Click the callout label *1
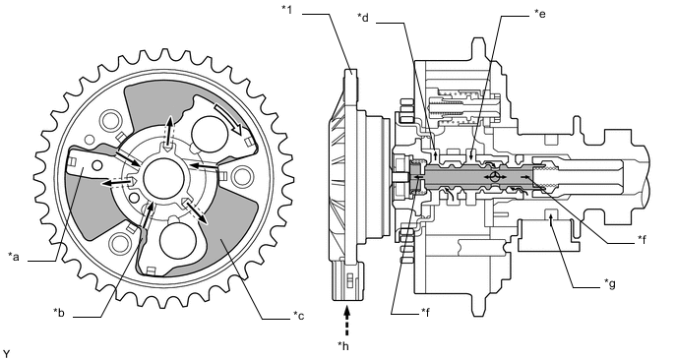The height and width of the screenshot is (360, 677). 286,10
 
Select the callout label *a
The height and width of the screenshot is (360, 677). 14,257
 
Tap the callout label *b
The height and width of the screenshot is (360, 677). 59,313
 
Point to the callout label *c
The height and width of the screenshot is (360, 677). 298,316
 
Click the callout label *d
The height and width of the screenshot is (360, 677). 363,18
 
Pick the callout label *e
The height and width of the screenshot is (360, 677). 539,14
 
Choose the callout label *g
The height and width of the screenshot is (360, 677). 610,283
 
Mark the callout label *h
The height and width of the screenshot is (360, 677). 343,346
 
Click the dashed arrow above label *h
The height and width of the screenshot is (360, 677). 346,321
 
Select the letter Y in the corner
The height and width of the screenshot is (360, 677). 6,354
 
